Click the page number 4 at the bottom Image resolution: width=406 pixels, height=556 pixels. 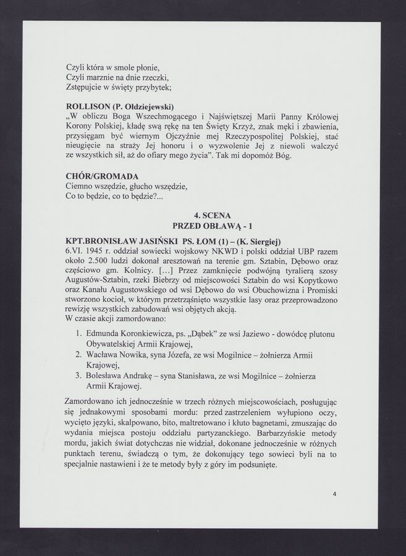pos(334,494)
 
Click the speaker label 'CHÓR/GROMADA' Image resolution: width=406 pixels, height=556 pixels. pos(101,176)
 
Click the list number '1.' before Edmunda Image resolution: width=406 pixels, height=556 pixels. pos(78,334)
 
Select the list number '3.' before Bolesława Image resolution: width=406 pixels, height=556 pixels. pos(78,376)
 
